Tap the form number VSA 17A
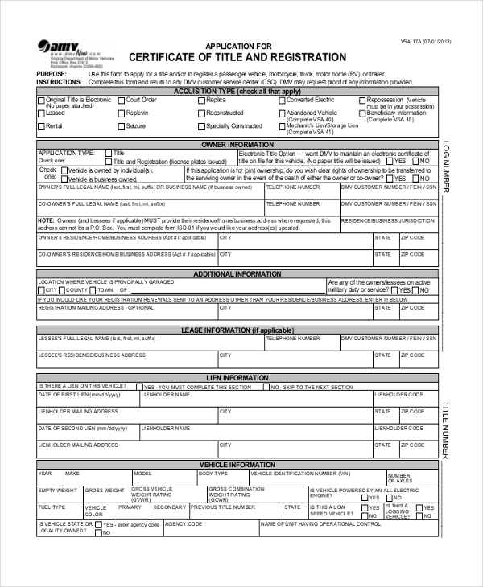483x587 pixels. point(426,41)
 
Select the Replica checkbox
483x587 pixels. point(201,101)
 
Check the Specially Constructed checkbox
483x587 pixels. point(201,126)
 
